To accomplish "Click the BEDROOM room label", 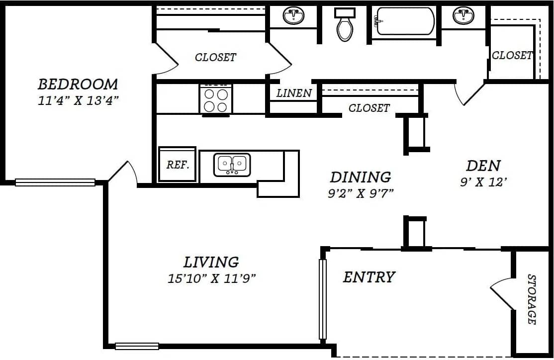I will point(78,84).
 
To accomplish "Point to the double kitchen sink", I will point(232,165).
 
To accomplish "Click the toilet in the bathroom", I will point(345,25).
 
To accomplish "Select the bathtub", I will point(405,21).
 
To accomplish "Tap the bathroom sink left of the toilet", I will point(293,16).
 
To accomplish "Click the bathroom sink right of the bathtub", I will point(463,16).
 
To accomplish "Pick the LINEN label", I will point(294,93).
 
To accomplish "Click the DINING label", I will point(361,177).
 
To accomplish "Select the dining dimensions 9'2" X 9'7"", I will point(361,193).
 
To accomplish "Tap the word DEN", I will point(483,165).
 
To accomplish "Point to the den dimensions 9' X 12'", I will point(483,182).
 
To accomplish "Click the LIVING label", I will point(211,262).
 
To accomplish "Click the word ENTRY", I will point(369,277).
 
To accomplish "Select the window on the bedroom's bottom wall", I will point(55,182).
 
